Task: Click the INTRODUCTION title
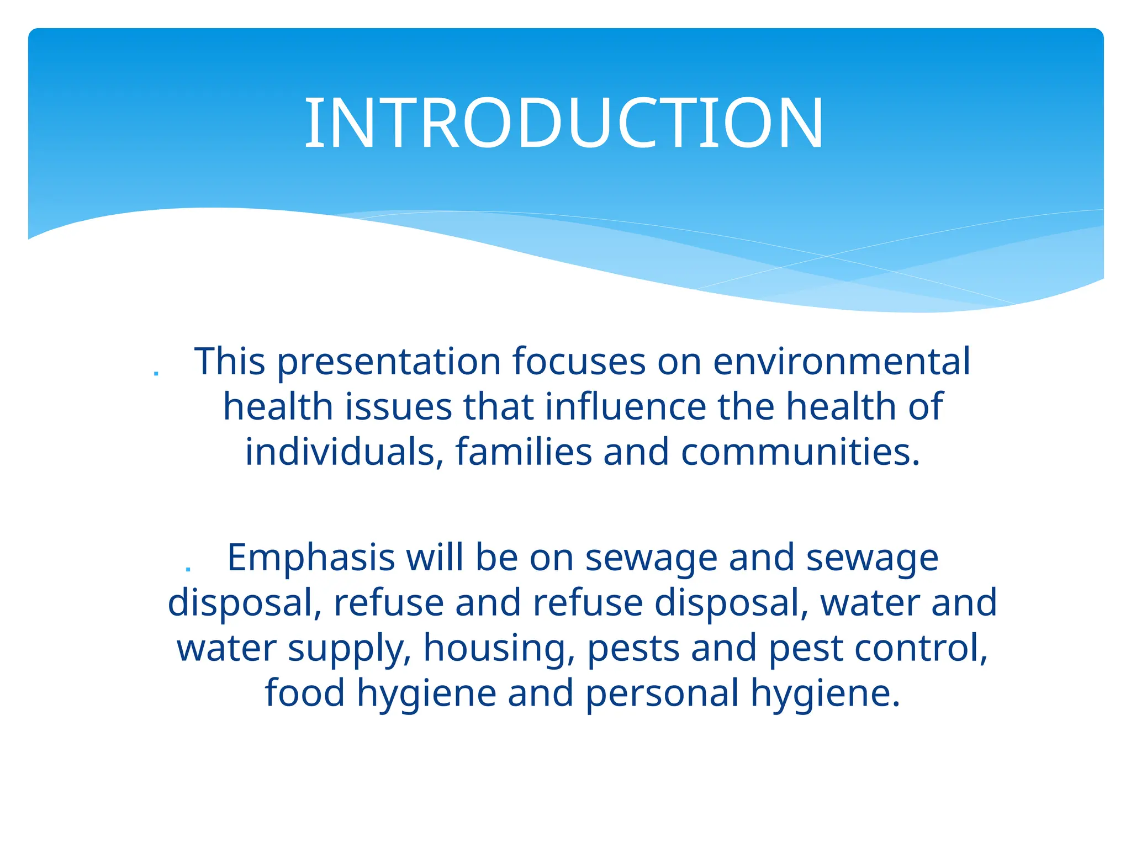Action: click(564, 123)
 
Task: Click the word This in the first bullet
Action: click(230, 362)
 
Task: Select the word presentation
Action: click(388, 363)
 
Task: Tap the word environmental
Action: click(841, 362)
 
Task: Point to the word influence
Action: click(625, 407)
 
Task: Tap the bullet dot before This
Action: click(156, 374)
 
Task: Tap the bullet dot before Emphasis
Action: click(188, 569)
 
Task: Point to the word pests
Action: click(633, 648)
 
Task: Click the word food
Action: click(305, 693)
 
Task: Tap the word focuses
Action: click(579, 362)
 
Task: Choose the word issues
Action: click(399, 407)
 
